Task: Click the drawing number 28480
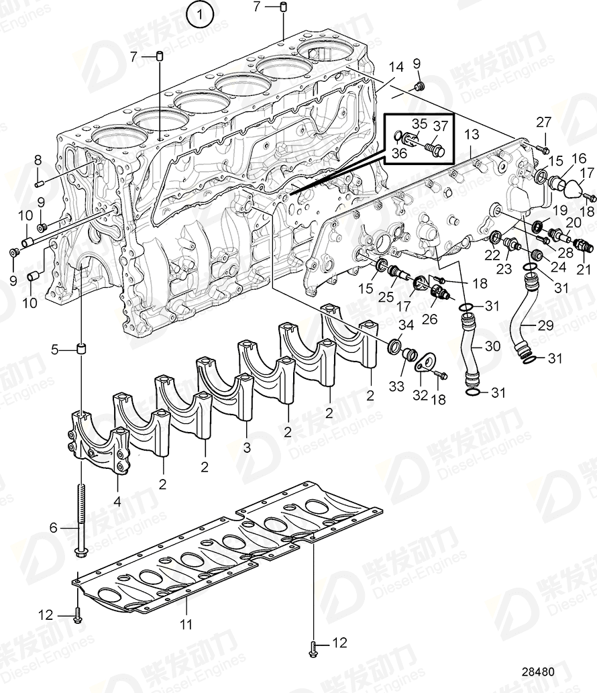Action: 559,672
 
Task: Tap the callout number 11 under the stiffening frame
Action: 186,624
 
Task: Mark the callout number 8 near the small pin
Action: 38,160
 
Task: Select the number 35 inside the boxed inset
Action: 419,123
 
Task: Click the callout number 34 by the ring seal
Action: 406,325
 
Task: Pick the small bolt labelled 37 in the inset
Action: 437,151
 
